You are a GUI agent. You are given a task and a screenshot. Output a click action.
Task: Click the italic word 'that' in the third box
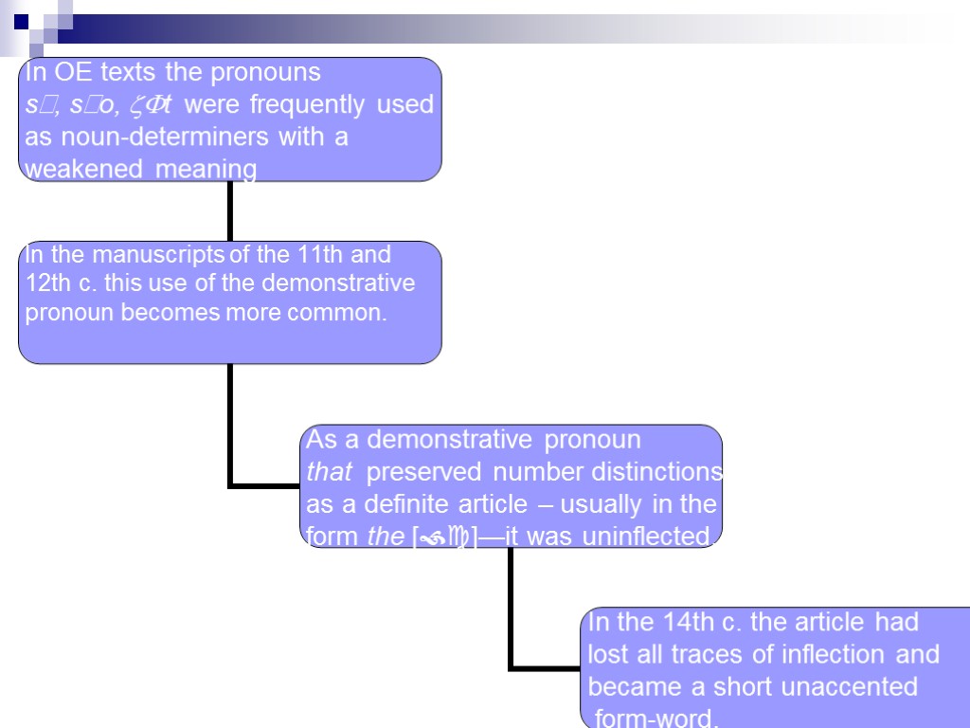coord(329,472)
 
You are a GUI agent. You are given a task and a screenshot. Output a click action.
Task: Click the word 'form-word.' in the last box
coord(655,718)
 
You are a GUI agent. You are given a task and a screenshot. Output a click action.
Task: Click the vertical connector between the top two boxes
coord(230,210)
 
